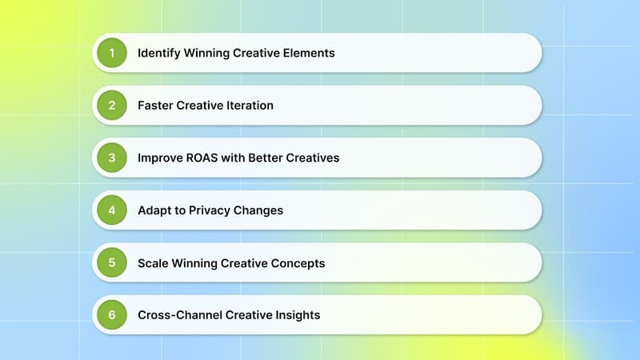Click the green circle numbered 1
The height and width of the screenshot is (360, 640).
coord(112,53)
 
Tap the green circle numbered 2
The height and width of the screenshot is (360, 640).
coord(112,105)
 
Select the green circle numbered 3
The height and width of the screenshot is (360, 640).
coord(112,158)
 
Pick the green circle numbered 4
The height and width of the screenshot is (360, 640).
coord(112,210)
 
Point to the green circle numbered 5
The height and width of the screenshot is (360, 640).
coord(112,262)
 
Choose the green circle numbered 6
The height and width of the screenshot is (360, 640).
coord(112,315)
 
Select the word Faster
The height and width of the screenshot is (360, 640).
coord(156,105)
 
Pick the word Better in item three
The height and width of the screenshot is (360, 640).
coord(272,158)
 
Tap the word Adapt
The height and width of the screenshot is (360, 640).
coord(154,210)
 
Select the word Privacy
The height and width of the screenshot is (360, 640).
coord(207,210)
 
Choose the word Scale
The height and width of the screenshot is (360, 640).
coord(153,262)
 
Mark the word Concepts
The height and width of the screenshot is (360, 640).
coord(297,262)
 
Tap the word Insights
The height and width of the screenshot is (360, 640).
coord(296,315)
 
